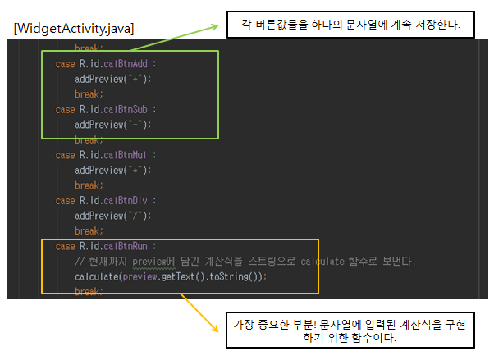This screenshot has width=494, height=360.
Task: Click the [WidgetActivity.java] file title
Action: point(74,29)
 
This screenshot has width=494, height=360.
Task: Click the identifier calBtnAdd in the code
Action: point(126,64)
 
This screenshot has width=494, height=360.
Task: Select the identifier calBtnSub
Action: point(126,109)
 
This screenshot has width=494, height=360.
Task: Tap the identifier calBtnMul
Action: point(126,154)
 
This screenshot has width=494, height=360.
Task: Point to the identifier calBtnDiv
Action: point(126,200)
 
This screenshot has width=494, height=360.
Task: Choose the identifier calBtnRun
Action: point(126,245)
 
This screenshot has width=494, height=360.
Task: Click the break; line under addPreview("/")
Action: point(88,230)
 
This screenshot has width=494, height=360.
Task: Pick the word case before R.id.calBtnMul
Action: point(65,154)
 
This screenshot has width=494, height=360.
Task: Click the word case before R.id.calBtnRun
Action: point(65,245)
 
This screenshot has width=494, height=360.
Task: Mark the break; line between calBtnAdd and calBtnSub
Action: point(88,94)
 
